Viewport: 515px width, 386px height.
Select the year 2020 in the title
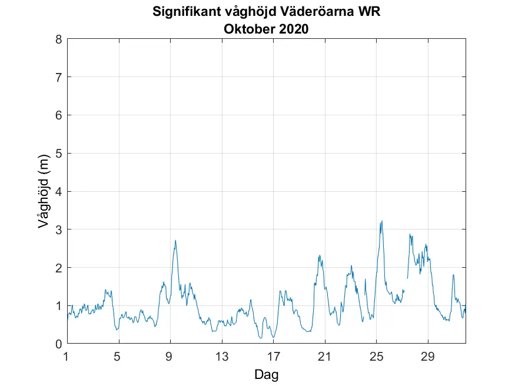click(x=294, y=29)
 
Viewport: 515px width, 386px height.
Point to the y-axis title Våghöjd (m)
click(x=43, y=191)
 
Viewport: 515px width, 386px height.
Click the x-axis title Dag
click(x=266, y=374)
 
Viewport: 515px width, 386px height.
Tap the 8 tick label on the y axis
click(x=59, y=39)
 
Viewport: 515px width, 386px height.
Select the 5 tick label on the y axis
click(x=59, y=154)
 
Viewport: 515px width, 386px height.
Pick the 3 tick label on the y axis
click(x=59, y=229)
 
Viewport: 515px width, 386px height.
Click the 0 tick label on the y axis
click(x=59, y=344)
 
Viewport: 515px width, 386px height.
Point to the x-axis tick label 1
click(x=67, y=356)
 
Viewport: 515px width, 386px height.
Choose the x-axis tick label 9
click(x=170, y=356)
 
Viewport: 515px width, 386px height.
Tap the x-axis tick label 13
click(x=222, y=356)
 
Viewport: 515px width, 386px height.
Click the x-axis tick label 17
click(x=273, y=356)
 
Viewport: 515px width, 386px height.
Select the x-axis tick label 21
click(x=325, y=356)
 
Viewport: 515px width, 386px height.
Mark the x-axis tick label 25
click(x=376, y=356)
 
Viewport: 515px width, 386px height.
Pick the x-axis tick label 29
click(x=428, y=356)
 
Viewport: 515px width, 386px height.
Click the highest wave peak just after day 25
click(x=382, y=221)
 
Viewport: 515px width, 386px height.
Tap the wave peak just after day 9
click(x=175, y=240)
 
